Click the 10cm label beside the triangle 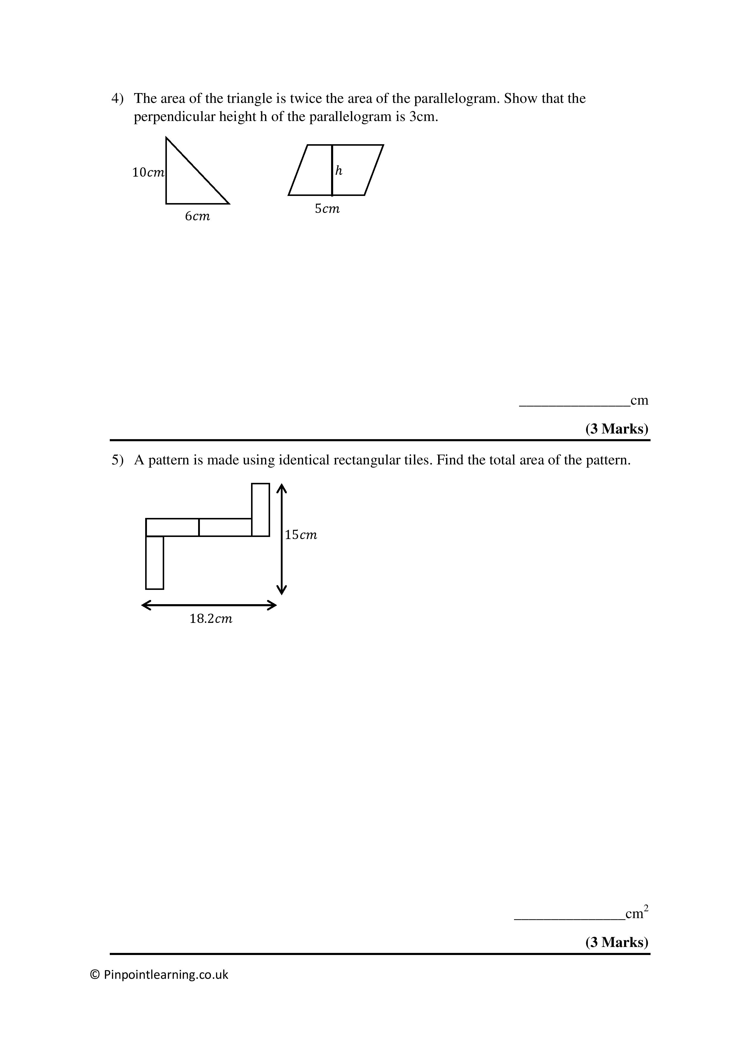tap(148, 173)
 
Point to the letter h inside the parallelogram tap(339, 171)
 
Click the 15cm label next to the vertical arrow tap(301, 535)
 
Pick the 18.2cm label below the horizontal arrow tap(211, 619)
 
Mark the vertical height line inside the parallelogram tap(332, 170)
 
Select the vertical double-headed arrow tap(282, 539)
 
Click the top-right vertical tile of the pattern tap(260, 510)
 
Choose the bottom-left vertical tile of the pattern tap(154, 563)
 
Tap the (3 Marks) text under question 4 tap(617, 429)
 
